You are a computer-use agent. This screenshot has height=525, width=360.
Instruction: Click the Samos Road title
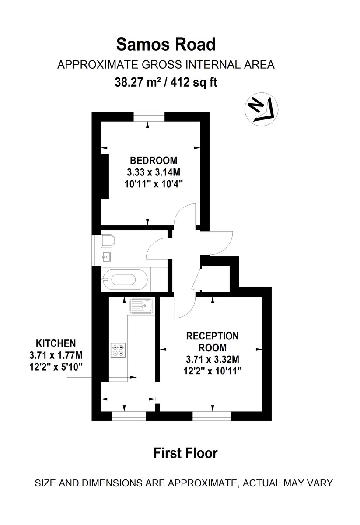click(x=165, y=45)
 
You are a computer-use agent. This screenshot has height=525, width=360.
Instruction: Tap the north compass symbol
click(x=261, y=110)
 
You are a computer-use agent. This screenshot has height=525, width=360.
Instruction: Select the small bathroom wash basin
click(x=106, y=256)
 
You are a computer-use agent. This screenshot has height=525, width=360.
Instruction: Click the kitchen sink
click(x=141, y=306)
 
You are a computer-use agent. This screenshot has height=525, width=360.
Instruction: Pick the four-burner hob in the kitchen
click(x=118, y=350)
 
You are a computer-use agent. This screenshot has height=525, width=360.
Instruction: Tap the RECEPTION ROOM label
click(x=213, y=342)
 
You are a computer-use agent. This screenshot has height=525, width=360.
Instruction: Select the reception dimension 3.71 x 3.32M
click(x=213, y=360)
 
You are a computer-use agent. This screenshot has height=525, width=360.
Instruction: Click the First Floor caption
click(x=185, y=453)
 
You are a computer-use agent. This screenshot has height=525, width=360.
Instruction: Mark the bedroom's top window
click(x=149, y=116)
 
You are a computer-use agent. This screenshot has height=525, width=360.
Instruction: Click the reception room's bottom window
click(x=212, y=416)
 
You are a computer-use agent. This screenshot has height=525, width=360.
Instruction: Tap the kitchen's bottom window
click(x=129, y=416)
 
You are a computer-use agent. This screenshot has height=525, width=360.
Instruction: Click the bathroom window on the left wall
click(x=95, y=250)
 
